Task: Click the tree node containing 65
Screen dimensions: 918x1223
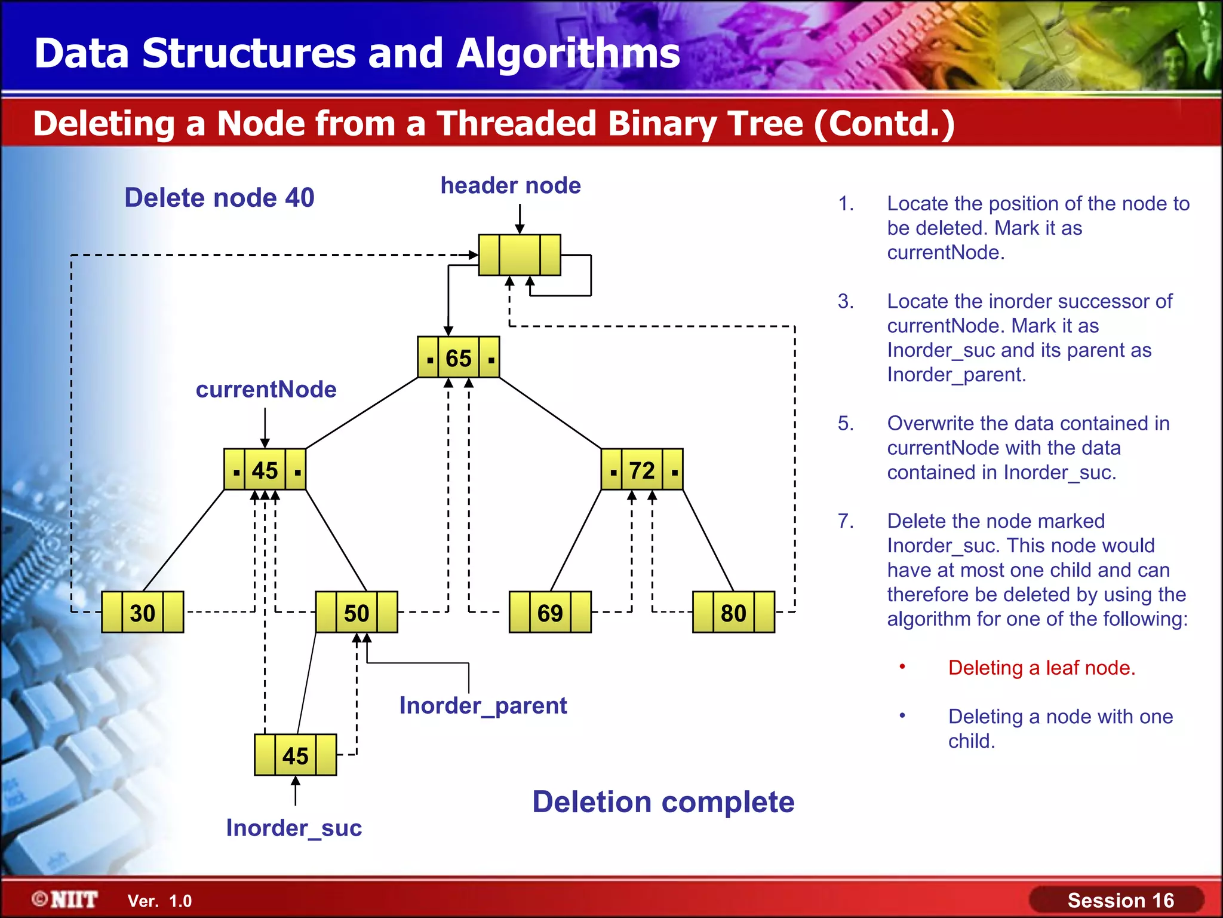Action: point(458,357)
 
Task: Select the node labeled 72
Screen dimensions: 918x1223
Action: point(641,470)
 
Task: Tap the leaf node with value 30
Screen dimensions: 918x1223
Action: point(143,612)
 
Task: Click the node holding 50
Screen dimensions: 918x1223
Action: point(357,612)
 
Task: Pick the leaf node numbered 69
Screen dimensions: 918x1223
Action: point(550,612)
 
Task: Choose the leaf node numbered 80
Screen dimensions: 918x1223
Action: point(733,612)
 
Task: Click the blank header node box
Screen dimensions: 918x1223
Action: point(520,255)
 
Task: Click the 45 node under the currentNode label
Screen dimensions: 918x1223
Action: point(265,470)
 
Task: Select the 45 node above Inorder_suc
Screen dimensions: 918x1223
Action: point(296,755)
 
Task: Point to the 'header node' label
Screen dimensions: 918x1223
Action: point(511,185)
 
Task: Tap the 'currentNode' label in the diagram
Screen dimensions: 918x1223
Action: point(266,389)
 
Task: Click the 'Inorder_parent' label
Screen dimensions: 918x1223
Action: point(483,705)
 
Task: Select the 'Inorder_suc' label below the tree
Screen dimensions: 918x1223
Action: point(294,828)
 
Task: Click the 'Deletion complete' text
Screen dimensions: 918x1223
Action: point(663,801)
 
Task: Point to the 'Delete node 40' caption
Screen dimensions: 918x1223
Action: point(219,197)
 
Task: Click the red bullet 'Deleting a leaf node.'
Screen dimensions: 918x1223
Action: point(1041,668)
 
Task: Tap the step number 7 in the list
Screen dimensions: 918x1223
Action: point(845,521)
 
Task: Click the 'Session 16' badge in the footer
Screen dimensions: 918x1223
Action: point(1120,900)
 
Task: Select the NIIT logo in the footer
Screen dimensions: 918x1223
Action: point(66,899)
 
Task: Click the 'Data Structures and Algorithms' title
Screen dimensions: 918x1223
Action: point(357,53)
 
